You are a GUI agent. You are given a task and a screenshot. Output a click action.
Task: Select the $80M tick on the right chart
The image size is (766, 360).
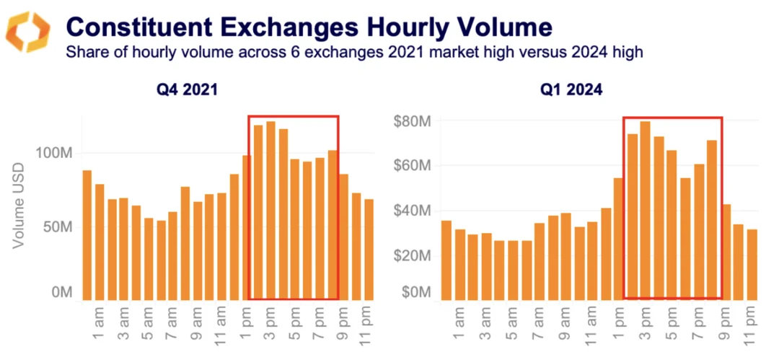point(412,121)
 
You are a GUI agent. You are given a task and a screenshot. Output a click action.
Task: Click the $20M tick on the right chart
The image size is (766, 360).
point(412,255)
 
